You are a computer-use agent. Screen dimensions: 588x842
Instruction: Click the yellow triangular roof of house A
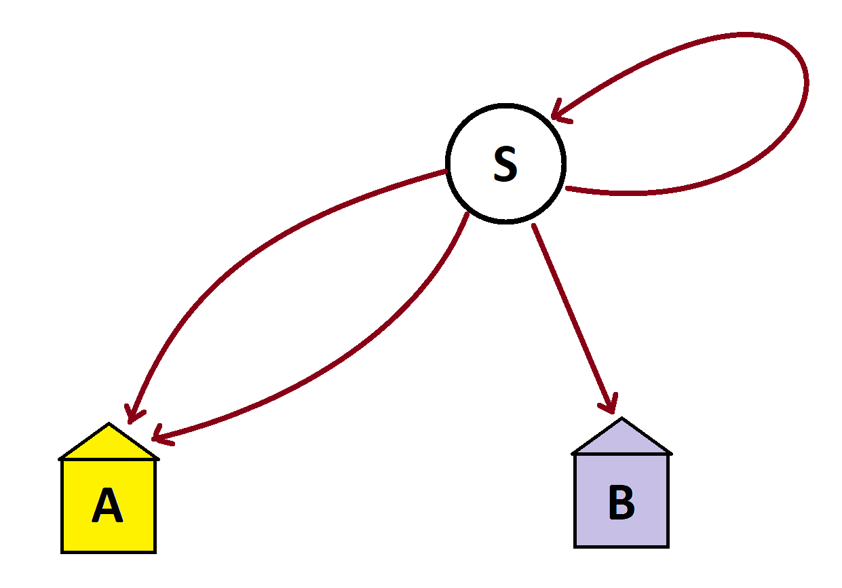pos(109,445)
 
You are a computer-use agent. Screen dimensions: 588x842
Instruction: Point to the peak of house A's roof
pos(109,425)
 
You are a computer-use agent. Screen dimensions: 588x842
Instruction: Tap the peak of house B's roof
pos(621,418)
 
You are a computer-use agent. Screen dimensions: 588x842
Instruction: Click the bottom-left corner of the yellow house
pos(62,551)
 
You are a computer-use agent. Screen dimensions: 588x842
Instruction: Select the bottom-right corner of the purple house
pos(668,546)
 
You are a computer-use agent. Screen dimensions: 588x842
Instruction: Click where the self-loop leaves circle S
pos(567,189)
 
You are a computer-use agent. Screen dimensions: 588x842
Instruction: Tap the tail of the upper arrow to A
pos(445,172)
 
